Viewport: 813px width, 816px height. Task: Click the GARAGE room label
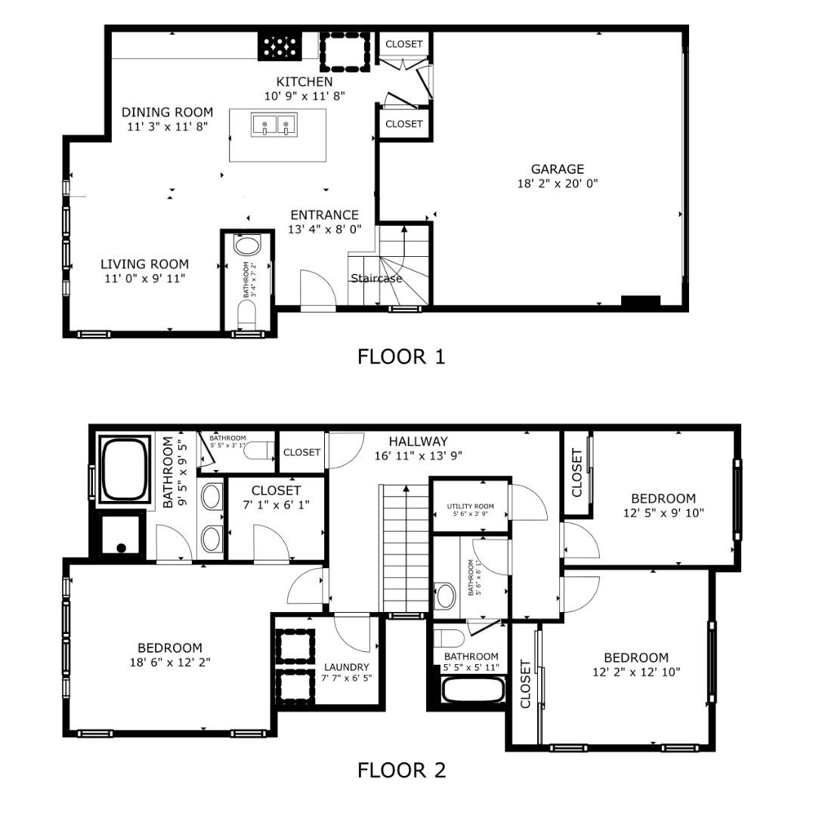pos(558,169)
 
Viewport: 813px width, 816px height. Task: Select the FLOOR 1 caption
pos(401,356)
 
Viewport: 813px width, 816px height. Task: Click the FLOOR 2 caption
pos(401,770)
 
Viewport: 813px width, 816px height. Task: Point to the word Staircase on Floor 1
pos(376,278)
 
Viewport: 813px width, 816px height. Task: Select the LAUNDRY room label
pos(347,667)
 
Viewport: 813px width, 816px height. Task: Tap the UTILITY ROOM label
pos(471,507)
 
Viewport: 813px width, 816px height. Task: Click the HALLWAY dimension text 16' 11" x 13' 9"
pos(418,456)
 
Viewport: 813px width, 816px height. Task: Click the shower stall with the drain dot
pos(118,533)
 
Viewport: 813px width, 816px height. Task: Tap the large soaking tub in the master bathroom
pos(127,470)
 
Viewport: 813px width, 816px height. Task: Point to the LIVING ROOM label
pos(144,264)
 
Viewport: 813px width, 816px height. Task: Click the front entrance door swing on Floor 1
pos(316,288)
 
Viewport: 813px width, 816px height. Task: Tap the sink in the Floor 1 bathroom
pos(246,246)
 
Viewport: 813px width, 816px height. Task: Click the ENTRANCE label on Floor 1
pos(324,215)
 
